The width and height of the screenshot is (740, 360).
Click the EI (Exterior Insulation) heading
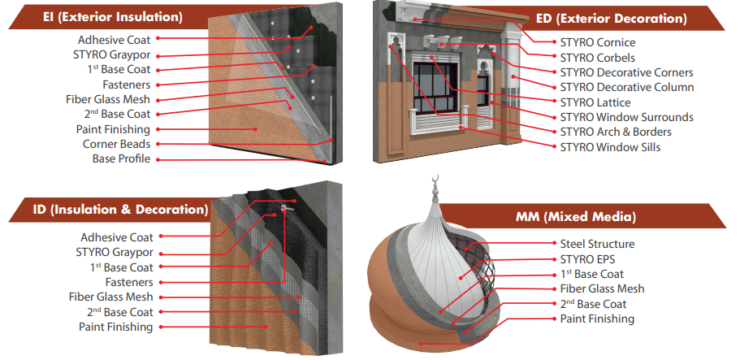pyautogui.click(x=112, y=17)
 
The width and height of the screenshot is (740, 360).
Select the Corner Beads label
pyautogui.click(x=117, y=144)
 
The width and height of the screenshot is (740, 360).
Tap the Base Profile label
pyautogui.click(x=121, y=159)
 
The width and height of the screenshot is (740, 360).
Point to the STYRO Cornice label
pyautogui.click(x=597, y=42)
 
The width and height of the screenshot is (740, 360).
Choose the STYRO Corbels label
pyautogui.click(x=597, y=58)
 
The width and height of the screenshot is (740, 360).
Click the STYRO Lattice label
pyautogui.click(x=595, y=102)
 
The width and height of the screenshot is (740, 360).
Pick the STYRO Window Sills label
pyautogui.click(x=610, y=147)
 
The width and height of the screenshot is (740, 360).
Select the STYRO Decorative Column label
pyautogui.click(x=627, y=87)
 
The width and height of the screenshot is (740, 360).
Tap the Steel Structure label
pyautogui.click(x=597, y=244)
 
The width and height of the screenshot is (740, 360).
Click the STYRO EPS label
pyautogui.click(x=588, y=259)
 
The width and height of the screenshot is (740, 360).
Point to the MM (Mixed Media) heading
pyautogui.click(x=576, y=217)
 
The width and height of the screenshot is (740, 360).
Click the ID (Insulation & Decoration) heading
pyautogui.click(x=120, y=209)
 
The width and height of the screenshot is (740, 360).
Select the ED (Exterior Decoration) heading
pyautogui.click(x=611, y=18)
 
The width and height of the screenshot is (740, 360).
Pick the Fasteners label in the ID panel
pyautogui.click(x=129, y=282)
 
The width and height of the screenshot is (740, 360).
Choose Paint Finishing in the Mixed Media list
pyautogui.click(x=597, y=319)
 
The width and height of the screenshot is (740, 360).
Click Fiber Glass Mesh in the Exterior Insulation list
pyautogui.click(x=108, y=100)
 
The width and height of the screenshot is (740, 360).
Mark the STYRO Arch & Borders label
pyautogui.click(x=615, y=132)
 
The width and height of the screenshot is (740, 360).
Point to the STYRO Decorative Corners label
pyautogui.click(x=626, y=73)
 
